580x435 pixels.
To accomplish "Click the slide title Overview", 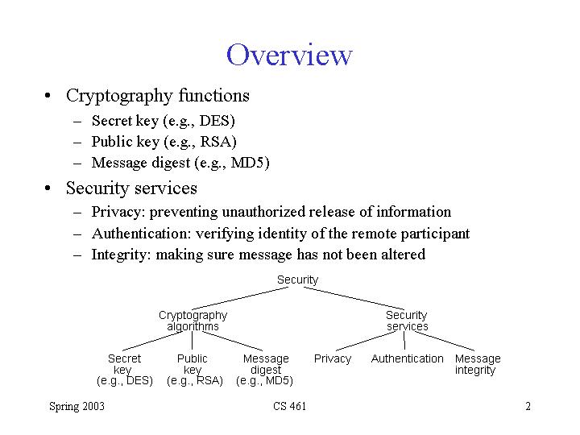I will pyautogui.click(x=289, y=55).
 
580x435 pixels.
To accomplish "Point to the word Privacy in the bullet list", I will pyautogui.click(x=116, y=212).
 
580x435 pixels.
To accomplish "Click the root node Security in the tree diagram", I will pyautogui.click(x=297, y=280).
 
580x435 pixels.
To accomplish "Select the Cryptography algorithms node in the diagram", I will pyautogui.click(x=193, y=321).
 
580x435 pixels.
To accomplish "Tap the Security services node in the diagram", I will pyautogui.click(x=407, y=321).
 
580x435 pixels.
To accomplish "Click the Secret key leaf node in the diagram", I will pyautogui.click(x=124, y=369).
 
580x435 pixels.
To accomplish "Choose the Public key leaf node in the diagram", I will pyautogui.click(x=193, y=369).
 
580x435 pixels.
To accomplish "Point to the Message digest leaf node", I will pyautogui.click(x=265, y=369).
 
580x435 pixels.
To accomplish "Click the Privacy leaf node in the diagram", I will pyautogui.click(x=333, y=358).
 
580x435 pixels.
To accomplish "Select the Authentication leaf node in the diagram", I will pyautogui.click(x=407, y=358).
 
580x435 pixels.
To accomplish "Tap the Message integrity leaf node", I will pyautogui.click(x=477, y=364).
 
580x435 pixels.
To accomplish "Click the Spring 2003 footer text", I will pyautogui.click(x=77, y=406).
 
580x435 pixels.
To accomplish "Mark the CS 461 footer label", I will pyautogui.click(x=290, y=406).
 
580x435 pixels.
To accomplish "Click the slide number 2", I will pyautogui.click(x=528, y=406).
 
